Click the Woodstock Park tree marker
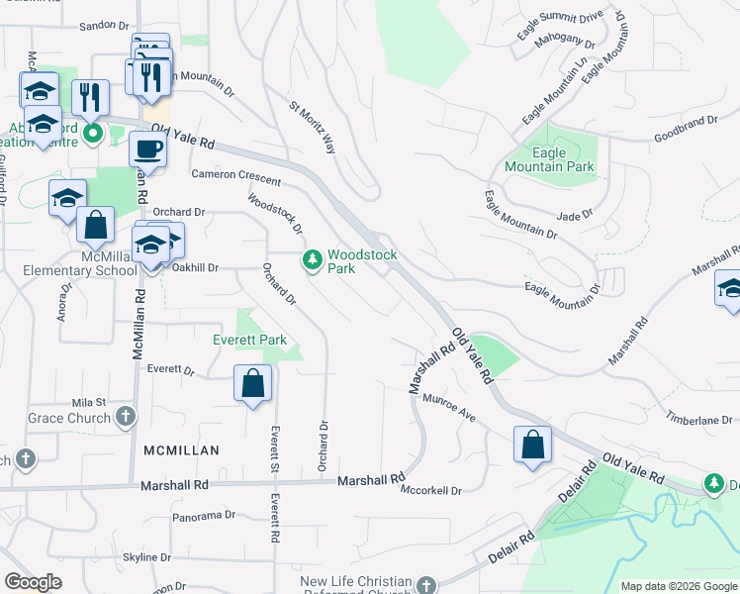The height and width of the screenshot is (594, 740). (313, 260)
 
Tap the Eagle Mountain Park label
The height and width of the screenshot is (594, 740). (549, 159)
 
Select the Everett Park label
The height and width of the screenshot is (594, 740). (249, 340)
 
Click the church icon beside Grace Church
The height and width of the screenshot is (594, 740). (125, 418)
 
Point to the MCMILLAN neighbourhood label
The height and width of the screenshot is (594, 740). (181, 449)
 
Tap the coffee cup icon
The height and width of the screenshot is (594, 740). (147, 149)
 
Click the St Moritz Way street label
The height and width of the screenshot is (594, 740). (312, 127)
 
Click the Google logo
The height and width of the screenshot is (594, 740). (33, 582)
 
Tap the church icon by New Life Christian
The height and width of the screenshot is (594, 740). (425, 584)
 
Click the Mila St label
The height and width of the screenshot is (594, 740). (88, 402)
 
